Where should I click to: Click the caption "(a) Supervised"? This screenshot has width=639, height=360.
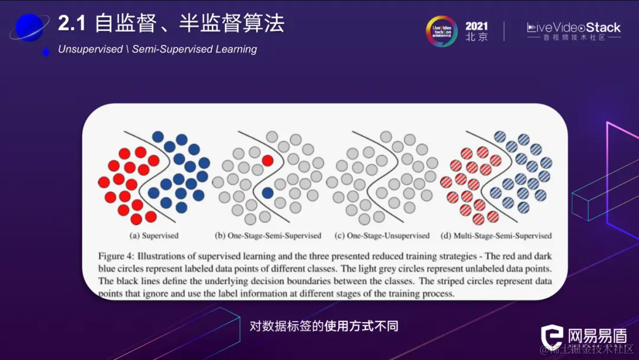(x=154, y=236)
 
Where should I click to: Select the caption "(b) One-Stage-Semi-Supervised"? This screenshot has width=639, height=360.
(x=267, y=236)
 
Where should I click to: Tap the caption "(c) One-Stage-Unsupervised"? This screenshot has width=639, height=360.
(x=382, y=236)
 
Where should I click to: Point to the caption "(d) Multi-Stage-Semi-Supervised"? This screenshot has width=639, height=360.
(x=496, y=236)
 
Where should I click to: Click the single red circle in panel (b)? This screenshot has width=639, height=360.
(x=267, y=160)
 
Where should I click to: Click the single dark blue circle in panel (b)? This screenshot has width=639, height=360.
(x=267, y=192)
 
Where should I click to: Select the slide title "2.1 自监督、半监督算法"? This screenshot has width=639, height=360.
(x=171, y=24)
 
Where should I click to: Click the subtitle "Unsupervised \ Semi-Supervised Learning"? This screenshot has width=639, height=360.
(x=157, y=49)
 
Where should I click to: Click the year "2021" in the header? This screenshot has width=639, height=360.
(x=477, y=26)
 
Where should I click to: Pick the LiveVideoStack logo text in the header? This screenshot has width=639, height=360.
(x=573, y=27)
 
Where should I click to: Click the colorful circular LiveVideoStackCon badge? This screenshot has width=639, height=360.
(x=442, y=31)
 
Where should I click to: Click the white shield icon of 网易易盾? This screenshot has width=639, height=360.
(x=554, y=337)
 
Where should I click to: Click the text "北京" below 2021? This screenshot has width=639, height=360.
(x=477, y=37)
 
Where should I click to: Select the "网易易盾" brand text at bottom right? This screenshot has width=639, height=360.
(x=596, y=336)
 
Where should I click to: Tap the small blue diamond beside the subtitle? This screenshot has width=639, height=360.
(x=46, y=52)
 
